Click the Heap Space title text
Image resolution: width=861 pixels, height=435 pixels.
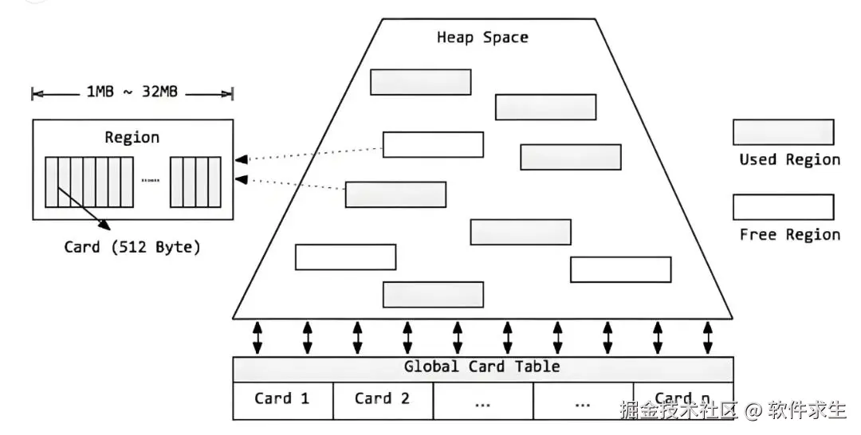tap(482, 37)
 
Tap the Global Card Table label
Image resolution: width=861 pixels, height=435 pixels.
tap(482, 366)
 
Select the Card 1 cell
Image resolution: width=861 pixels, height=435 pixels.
tap(283, 401)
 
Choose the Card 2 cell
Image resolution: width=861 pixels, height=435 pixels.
tap(383, 401)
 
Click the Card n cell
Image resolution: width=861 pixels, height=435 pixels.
tap(683, 401)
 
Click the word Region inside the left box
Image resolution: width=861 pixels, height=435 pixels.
tap(132, 137)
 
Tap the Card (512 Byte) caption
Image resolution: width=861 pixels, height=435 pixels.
tap(132, 247)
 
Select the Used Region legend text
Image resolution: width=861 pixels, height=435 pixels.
tap(789, 159)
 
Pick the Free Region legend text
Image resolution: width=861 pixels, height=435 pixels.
tap(789, 235)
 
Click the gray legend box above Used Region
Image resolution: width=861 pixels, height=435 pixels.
tap(784, 132)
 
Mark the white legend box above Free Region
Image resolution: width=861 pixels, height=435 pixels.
tap(784, 207)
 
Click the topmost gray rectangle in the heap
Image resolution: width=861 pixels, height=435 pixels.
tap(421, 82)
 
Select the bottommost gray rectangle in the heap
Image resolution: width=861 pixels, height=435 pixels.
tap(433, 295)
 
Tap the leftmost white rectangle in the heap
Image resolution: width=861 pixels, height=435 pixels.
tap(345, 257)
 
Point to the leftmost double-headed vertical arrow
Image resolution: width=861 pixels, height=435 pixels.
tap(258, 337)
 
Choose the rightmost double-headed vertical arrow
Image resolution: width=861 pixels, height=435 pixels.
tap(708, 337)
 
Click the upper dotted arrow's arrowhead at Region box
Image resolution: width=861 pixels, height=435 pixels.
tap(241, 159)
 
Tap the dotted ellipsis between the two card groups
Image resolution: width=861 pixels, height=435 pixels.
tap(151, 181)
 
